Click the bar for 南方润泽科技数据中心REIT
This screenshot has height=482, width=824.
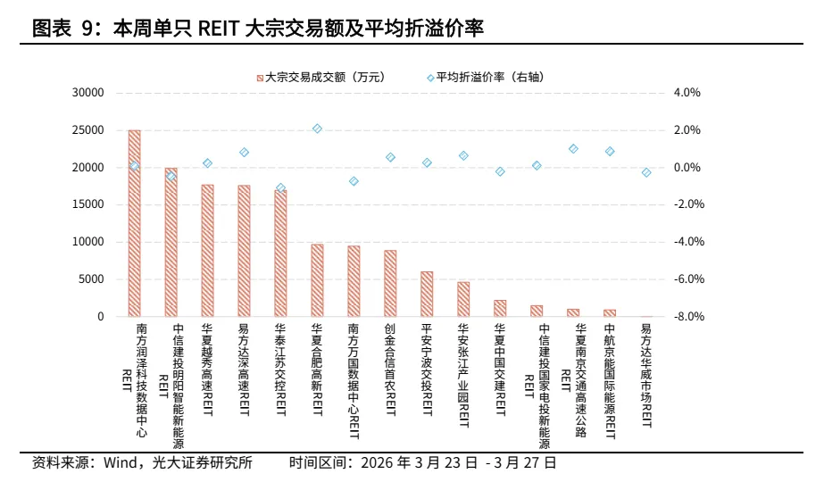coord(134,223)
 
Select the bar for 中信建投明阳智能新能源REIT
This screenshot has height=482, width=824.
coord(171,242)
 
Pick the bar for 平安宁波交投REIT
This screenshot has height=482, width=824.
coord(427,294)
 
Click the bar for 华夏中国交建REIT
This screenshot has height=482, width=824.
coord(500,308)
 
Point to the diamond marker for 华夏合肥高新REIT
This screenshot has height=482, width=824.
coord(317,129)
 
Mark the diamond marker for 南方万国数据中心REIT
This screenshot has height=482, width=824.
coord(354,181)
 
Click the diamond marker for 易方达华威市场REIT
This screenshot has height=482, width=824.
coord(646,172)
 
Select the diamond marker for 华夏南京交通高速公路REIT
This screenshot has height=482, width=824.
coord(573,149)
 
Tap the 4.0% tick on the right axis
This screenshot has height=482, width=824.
coord(687,93)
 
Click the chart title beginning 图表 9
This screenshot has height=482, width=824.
coord(258,29)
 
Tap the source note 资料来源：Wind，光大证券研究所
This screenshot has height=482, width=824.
coord(142,463)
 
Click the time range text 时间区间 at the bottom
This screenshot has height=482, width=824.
coord(422,463)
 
